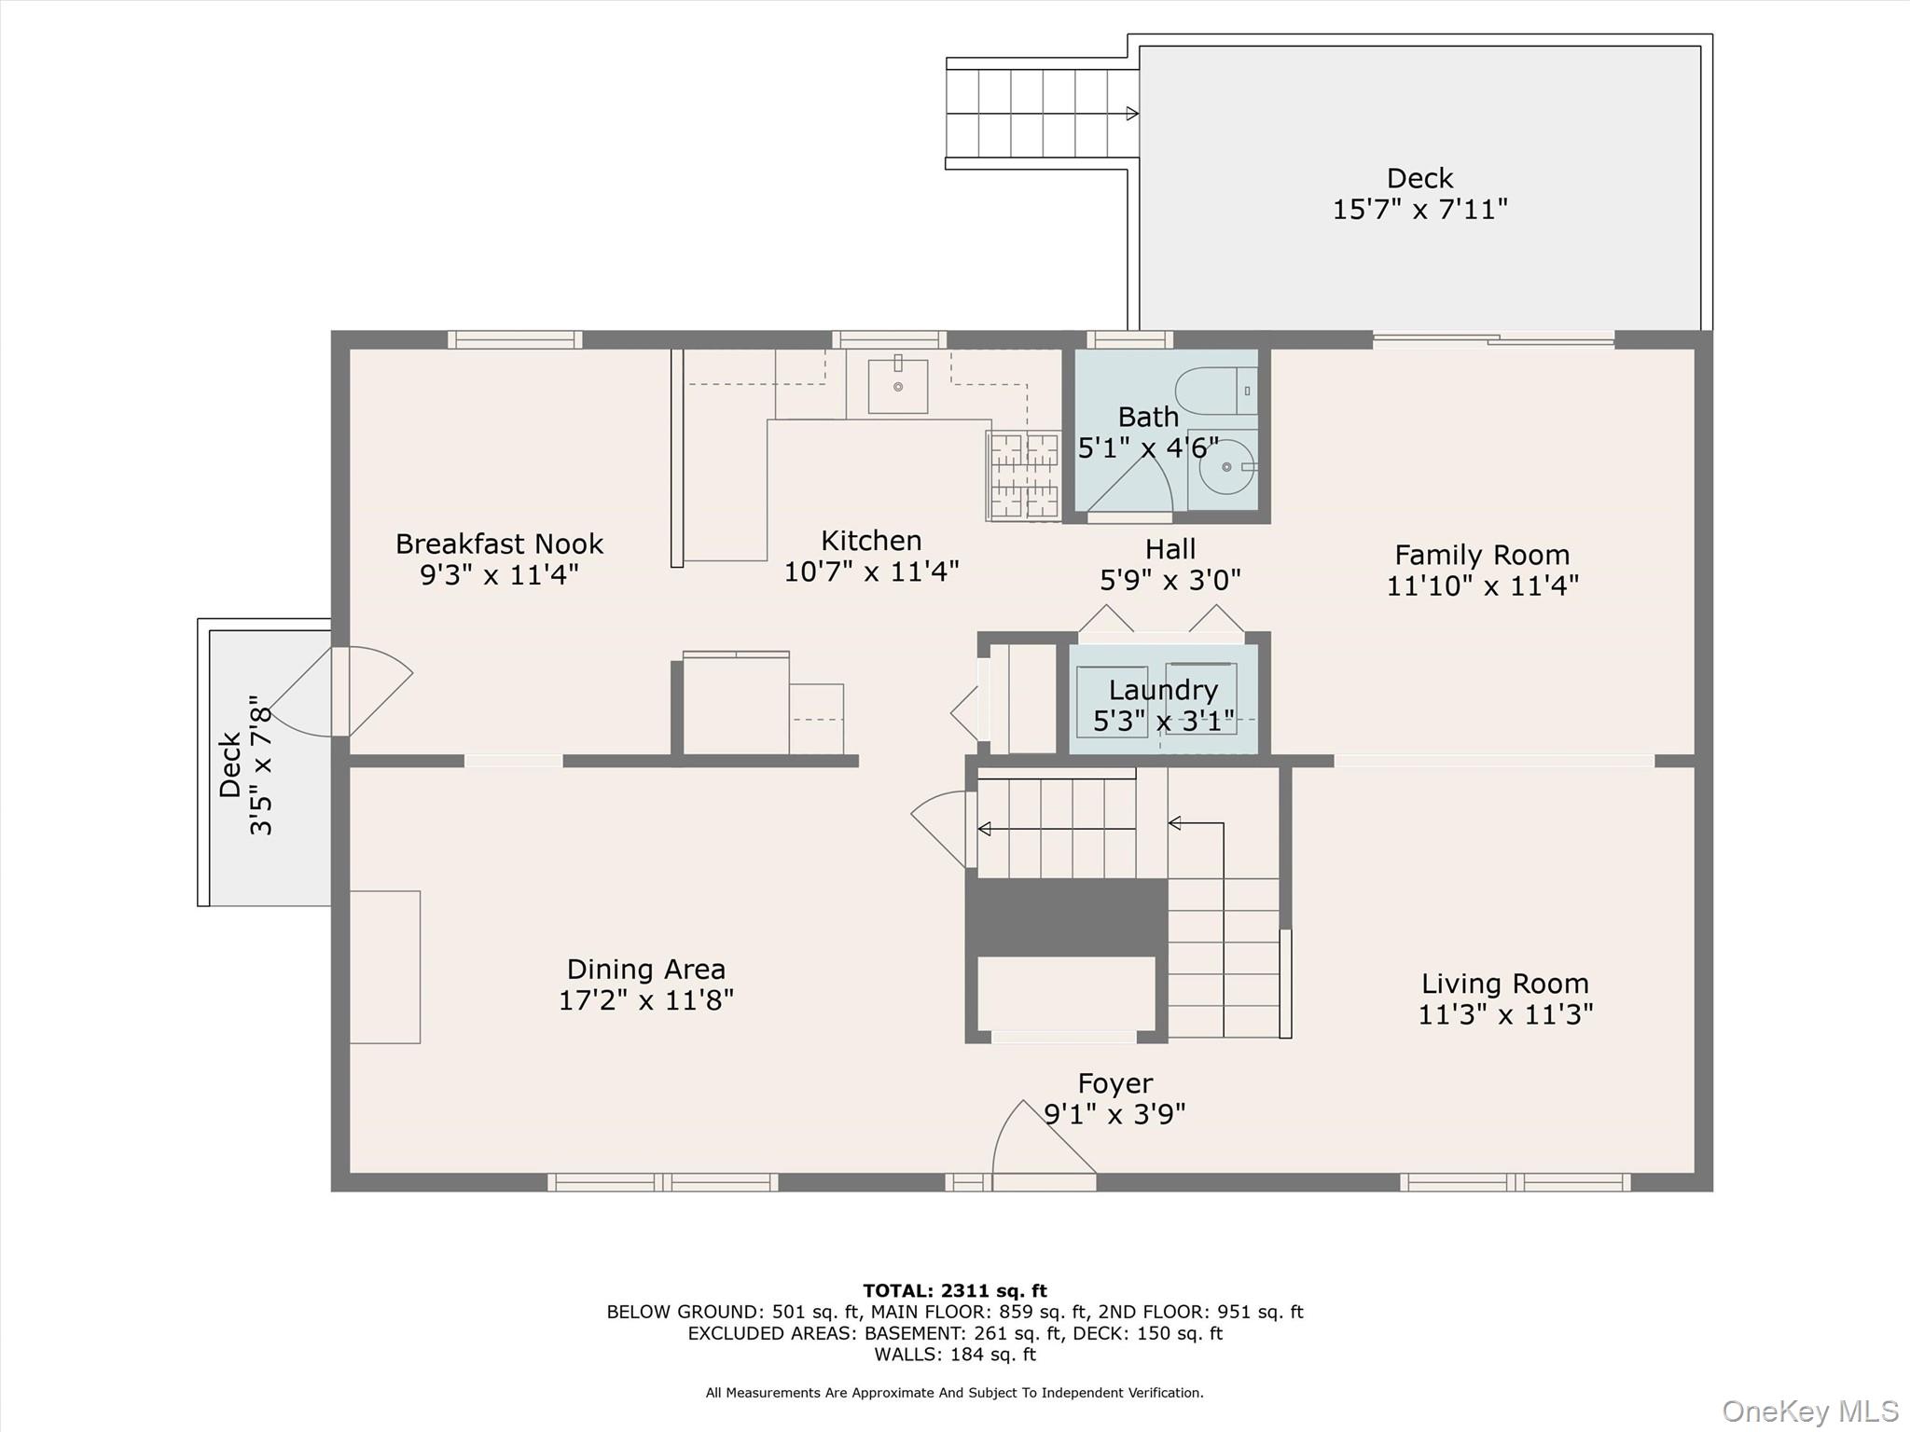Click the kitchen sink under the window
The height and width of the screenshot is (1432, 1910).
tap(897, 386)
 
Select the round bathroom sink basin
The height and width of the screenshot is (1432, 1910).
tap(1225, 467)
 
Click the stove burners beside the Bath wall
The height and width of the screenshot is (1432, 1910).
tap(1023, 475)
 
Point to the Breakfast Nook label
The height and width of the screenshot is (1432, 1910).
tap(499, 544)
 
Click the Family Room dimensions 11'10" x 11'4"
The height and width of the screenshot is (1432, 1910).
tap(1482, 585)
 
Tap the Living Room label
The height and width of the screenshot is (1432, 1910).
tap(1504, 984)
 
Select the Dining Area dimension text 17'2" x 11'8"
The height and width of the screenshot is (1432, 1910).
tap(645, 1000)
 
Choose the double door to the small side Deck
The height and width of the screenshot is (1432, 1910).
tap(341, 691)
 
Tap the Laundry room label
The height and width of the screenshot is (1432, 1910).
tap(1163, 690)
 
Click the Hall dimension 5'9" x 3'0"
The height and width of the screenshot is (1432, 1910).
tap(1170, 581)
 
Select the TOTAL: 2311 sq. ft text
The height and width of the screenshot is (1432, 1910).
tap(954, 1290)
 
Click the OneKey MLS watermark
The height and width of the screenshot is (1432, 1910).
tap(1809, 1411)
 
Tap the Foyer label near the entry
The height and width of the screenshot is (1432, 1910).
tap(1114, 1083)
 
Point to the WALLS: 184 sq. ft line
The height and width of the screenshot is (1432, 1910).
tap(954, 1355)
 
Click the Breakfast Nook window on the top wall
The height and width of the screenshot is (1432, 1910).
tap(515, 339)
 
